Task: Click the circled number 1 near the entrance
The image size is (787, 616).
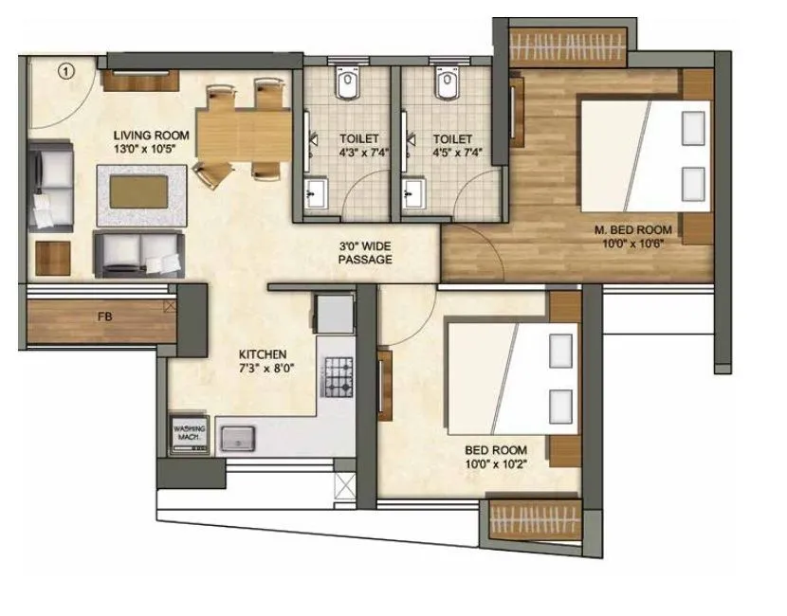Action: pos(65,69)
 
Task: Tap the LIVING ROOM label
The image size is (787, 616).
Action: pos(152,136)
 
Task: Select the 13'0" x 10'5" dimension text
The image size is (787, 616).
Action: pos(152,149)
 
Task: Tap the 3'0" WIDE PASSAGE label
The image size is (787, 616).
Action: pos(365,253)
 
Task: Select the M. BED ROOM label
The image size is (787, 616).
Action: pos(632,229)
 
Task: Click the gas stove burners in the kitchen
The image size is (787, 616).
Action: pos(339,377)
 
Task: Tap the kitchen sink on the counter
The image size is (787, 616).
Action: pos(238,437)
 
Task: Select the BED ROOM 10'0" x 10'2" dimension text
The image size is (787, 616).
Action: pos(496,463)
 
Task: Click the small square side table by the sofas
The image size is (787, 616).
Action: pos(54,257)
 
